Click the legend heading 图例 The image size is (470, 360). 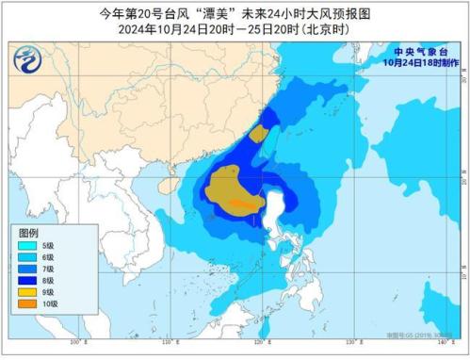pyautogui.click(x=29, y=232)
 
